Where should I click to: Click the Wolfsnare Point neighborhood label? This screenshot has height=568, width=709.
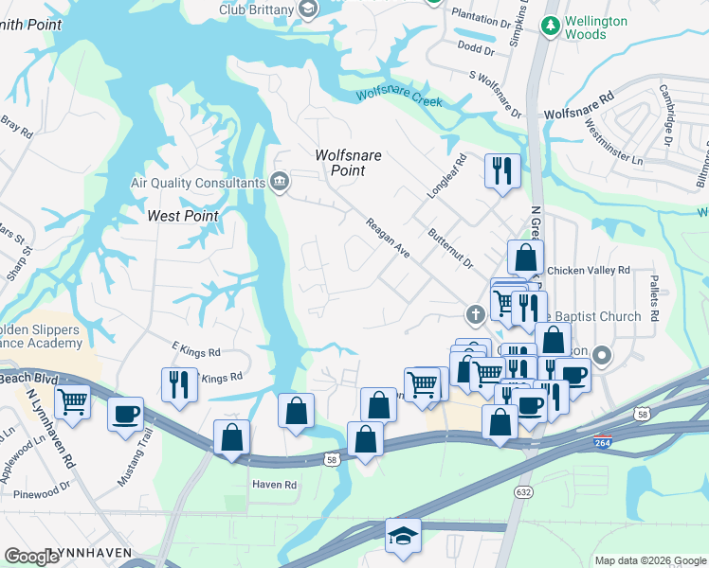point(339,163)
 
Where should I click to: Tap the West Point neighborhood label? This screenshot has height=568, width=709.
point(183,216)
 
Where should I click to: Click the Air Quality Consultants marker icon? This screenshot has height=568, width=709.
point(280,182)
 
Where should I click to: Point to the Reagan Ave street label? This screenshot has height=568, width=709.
point(388,237)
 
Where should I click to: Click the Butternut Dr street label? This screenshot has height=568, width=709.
point(449,247)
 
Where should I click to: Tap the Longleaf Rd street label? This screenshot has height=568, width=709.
point(447,176)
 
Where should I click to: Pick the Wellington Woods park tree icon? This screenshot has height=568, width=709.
point(549,27)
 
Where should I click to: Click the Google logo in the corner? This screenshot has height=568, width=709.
point(32,556)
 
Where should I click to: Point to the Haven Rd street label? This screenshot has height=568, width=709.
point(274,485)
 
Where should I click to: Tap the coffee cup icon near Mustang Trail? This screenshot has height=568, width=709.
point(125,414)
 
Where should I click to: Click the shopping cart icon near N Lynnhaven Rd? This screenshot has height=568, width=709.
point(72,402)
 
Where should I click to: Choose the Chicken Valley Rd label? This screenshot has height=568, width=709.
point(588,270)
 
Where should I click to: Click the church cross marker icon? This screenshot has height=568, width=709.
point(476,313)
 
